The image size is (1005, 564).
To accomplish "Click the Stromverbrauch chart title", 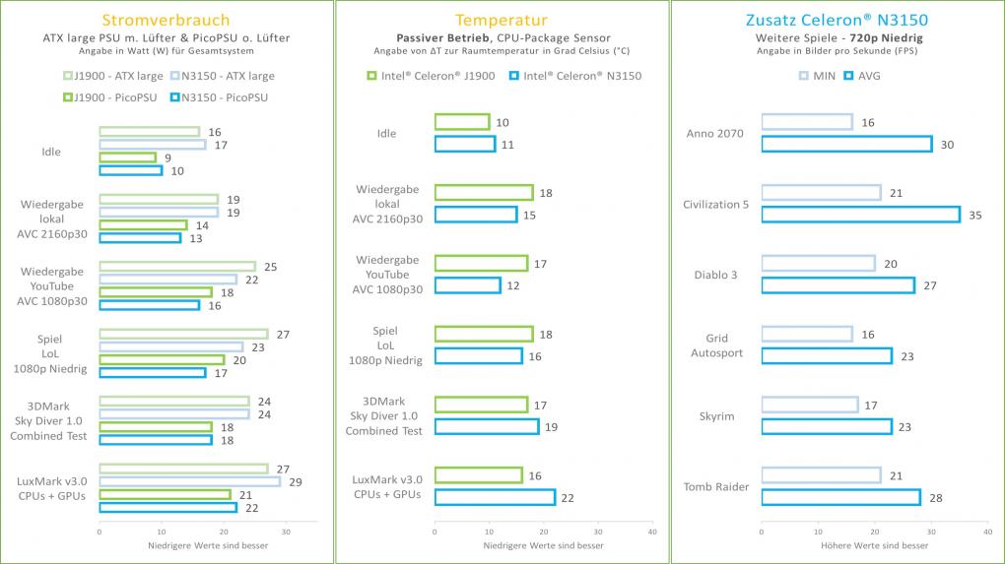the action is (166, 20).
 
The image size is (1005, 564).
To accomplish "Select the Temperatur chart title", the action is (502, 21).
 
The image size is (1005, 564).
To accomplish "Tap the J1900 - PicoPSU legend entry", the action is (109, 97).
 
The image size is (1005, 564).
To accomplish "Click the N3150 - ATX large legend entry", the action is (223, 76).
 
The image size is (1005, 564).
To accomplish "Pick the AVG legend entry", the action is (862, 76).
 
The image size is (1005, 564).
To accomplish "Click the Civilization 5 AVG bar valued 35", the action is (861, 215).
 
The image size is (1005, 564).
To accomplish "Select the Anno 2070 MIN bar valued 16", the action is (807, 122).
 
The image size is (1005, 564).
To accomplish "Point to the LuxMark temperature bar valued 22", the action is (495, 497).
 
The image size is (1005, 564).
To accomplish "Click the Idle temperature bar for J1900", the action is (462, 122).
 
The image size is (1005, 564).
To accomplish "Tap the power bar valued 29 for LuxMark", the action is (190, 481).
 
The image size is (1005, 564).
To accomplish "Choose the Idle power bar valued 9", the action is (127, 157).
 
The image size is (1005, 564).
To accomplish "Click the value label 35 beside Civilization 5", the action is (974, 216).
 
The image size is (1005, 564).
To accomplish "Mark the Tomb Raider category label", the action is (716, 486).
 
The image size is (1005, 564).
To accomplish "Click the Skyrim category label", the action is (716, 416).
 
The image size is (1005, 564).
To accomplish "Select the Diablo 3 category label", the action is (716, 275).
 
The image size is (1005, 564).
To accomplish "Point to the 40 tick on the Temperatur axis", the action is (652, 532).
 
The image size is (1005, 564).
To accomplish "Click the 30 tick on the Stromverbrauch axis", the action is (286, 532).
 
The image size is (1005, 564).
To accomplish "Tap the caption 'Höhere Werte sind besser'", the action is (874, 545).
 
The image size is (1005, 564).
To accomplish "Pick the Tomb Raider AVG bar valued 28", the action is (840, 497).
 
